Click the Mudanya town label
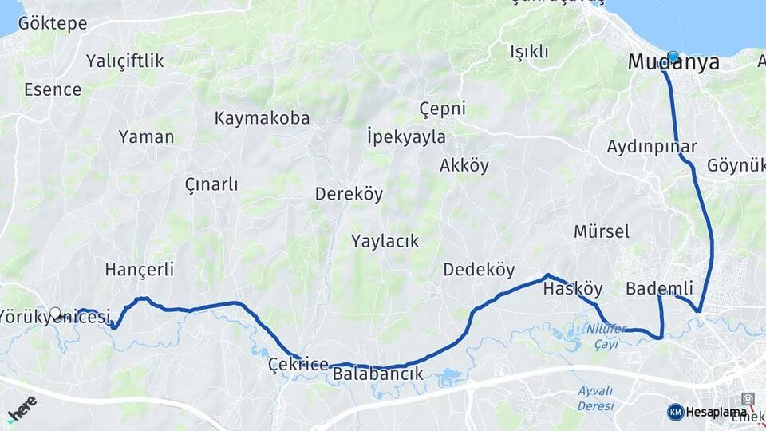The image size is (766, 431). click(673, 63)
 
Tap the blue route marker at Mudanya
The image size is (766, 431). click(673, 57)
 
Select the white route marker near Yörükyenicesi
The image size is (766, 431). click(55, 313)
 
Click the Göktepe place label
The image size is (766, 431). click(52, 23)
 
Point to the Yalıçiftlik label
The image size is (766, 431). click(125, 61)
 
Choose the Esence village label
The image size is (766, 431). click(53, 89)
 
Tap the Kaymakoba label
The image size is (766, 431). click(262, 118)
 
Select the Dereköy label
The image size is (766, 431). click(349, 194)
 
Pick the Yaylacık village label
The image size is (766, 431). click(385, 240)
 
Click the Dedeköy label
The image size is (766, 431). click(479, 270)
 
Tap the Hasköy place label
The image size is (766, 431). click(572, 290)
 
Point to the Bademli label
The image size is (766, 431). click(659, 288)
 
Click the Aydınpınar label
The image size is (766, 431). click(652, 147)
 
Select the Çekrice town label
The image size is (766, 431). click(298, 365)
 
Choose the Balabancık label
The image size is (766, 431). click(377, 373)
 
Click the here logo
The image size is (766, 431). click(22, 406)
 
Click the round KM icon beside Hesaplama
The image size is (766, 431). click(675, 412)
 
